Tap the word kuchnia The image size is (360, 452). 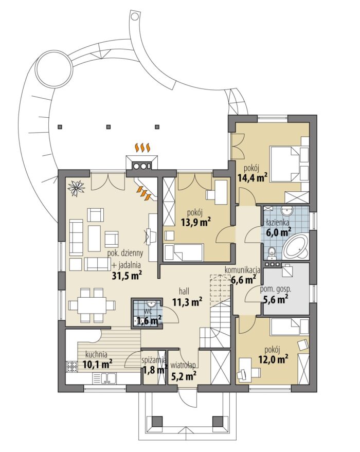(96, 354)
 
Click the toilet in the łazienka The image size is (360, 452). (271, 252)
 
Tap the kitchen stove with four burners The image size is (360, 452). (72, 367)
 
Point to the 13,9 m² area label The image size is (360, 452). (196, 222)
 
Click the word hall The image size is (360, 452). (184, 291)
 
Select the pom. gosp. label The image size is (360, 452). (276, 289)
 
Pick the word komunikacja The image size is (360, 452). (242, 270)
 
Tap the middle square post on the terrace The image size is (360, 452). (109, 126)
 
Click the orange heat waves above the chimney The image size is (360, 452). (142, 148)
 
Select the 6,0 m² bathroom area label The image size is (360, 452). (278, 232)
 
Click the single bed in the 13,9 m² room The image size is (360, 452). (184, 252)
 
